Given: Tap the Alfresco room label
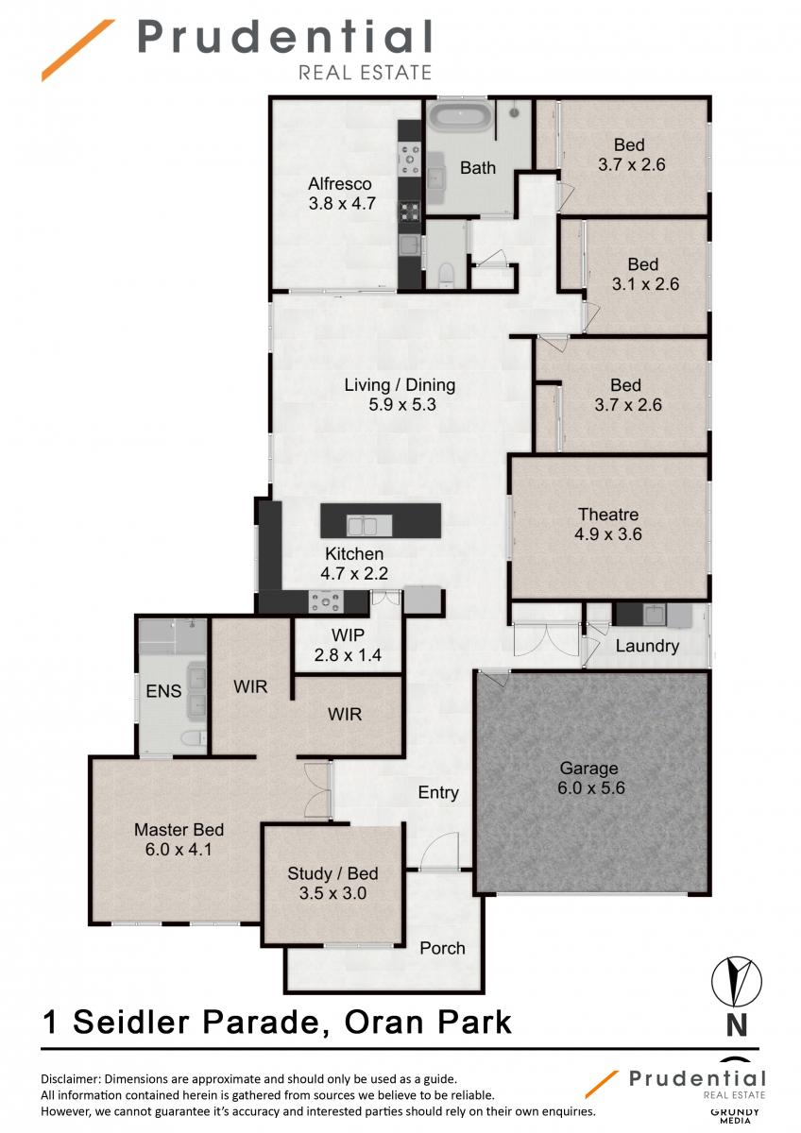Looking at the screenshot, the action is [339, 183].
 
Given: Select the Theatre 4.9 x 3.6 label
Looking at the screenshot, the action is [608, 525].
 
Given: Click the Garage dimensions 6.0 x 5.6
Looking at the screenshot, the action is [591, 788].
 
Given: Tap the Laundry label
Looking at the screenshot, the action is [647, 647].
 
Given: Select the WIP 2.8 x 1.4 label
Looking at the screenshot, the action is [348, 645].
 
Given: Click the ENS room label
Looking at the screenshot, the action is [163, 691].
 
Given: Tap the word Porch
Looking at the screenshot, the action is [442, 948].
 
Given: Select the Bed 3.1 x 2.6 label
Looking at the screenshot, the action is [645, 274].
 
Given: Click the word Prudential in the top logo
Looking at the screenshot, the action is [284, 37].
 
